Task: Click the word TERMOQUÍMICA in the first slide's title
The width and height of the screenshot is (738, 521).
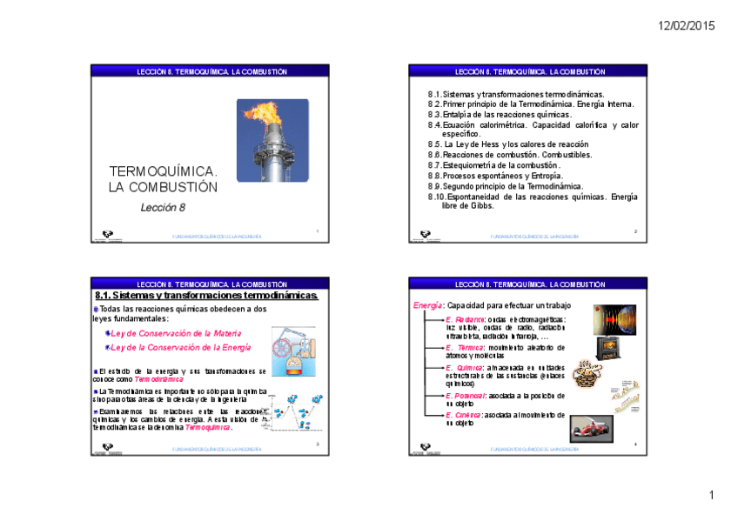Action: point(163,171)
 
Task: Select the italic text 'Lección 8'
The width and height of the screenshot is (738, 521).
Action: point(163,207)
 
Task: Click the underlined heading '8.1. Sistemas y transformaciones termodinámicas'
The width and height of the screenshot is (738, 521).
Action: point(206,296)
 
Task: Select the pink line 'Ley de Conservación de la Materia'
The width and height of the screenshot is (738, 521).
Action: point(171,333)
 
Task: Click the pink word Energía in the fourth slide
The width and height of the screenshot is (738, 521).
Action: point(427,305)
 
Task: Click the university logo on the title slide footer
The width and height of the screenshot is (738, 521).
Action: point(107,235)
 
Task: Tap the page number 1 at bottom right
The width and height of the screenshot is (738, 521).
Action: point(711,496)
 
